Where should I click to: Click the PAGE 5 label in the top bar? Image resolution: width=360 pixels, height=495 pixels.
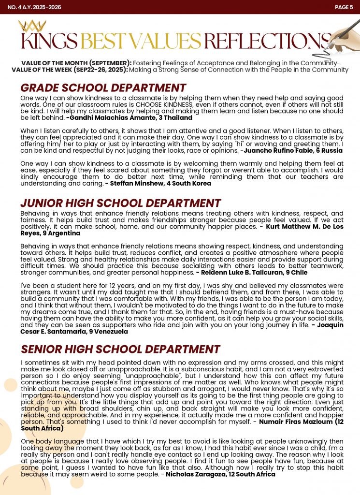pos(344,7)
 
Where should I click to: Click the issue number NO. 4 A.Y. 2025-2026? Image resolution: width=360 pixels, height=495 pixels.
pos(34,7)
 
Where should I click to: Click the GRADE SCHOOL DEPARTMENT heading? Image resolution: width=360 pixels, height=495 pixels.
pos(103,88)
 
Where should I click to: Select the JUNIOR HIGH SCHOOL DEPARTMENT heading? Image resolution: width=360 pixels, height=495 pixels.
pos(120,203)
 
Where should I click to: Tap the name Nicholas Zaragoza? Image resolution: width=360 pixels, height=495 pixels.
pos(205,474)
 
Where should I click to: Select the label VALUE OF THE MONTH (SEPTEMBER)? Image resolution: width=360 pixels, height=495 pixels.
pos(76,63)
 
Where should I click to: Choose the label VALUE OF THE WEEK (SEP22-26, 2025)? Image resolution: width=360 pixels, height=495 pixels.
pos(70,70)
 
